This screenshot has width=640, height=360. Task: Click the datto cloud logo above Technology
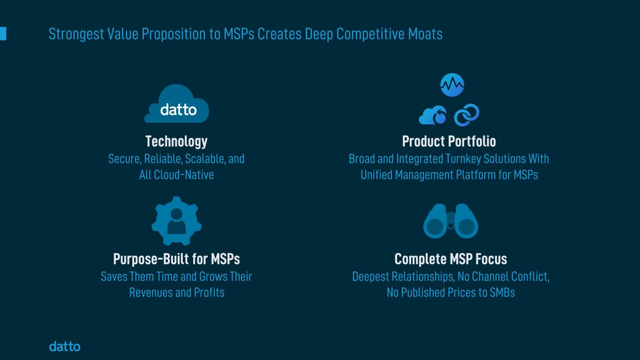[177, 105]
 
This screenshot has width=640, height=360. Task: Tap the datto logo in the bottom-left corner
[65, 346]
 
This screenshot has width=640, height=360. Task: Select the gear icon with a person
[176, 221]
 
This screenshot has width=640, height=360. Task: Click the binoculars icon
[451, 221]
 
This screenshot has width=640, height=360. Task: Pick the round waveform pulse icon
[452, 85]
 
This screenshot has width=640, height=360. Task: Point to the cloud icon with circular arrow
[433, 115]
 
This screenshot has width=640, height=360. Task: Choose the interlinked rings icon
[467, 115]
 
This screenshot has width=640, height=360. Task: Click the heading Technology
[176, 141]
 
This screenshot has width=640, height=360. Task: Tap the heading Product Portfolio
[449, 141]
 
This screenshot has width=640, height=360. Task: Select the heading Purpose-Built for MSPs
[176, 259]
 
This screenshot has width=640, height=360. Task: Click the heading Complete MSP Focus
[451, 259]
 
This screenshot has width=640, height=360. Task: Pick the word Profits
[209, 292]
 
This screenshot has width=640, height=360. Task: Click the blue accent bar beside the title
[3, 34]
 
